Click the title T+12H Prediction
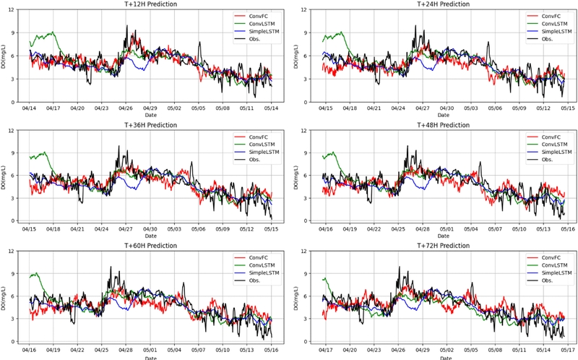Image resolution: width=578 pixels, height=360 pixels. (x=150, y=4)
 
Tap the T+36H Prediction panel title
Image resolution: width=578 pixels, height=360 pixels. (x=150, y=124)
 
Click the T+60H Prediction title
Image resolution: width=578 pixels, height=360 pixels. (x=150, y=246)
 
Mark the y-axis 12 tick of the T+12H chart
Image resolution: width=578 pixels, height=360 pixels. (x=14, y=9)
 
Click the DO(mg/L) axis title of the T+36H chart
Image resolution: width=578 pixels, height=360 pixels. (x=4, y=176)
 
